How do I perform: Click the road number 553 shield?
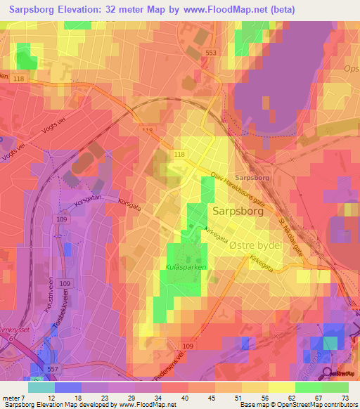coord(210,53)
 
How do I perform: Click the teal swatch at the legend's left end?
coord(41,387)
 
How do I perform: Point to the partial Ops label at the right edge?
coord(352,69)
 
